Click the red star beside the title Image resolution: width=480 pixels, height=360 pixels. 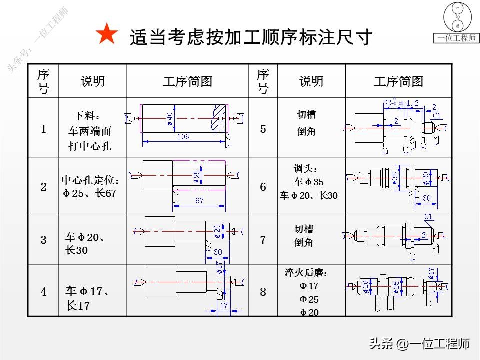coord(106,35)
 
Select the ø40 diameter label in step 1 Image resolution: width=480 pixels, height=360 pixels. coord(170,118)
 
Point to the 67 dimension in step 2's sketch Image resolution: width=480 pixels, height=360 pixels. coord(199,200)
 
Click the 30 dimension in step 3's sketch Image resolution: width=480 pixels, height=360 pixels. coord(218,252)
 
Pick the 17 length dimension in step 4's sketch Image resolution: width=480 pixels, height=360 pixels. coord(223,305)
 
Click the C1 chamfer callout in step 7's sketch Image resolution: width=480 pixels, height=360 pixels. coord(428,216)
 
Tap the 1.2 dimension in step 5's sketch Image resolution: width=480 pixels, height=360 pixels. coord(413,103)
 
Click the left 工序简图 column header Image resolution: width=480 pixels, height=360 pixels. coord(187,81)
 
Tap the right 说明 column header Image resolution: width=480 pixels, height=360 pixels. coord(311,81)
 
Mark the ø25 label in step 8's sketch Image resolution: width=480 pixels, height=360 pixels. coord(396,287)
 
